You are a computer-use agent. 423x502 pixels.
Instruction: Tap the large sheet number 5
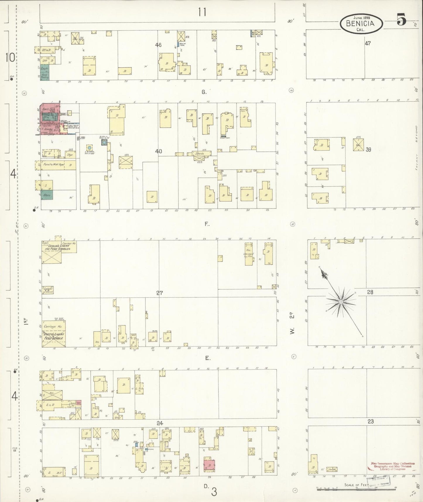[x=401, y=20]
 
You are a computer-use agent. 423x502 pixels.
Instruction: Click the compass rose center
[x=341, y=301]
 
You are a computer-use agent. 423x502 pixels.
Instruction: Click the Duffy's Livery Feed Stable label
[x=53, y=336]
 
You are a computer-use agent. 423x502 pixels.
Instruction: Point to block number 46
[x=158, y=45]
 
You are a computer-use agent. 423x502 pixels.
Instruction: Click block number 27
[x=159, y=293]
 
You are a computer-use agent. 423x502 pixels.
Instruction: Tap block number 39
[x=368, y=149]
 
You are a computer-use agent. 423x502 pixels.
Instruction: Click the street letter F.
[x=207, y=224]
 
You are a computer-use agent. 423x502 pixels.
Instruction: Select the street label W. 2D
[x=292, y=324]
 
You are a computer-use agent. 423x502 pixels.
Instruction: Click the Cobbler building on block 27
[x=47, y=290]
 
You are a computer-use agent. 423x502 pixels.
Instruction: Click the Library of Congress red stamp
[x=392, y=466]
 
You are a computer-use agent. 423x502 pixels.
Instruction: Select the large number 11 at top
[x=202, y=12]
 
